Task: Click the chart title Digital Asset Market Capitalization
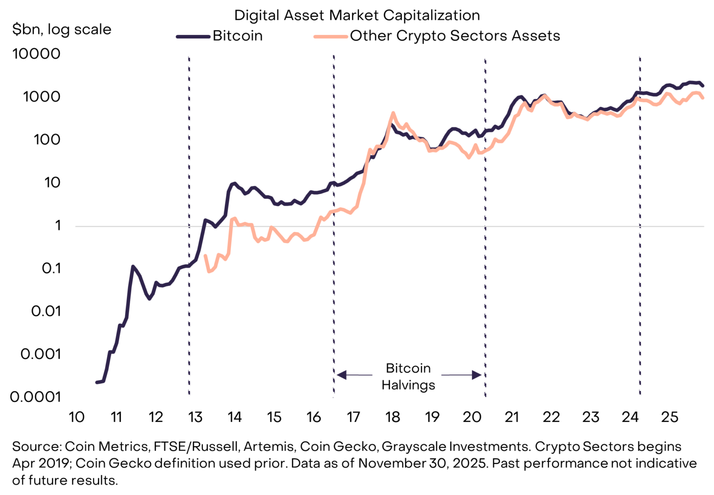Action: coord(357,15)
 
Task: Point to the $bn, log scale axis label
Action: coord(61,29)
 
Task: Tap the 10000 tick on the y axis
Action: coord(37,53)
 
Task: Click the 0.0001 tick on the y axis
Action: coord(36,396)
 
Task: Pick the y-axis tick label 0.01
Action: coord(46,311)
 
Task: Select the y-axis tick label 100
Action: coord(47,139)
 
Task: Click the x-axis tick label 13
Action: coord(195,417)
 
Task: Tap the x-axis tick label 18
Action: coord(393,417)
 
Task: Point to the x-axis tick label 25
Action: coord(669,417)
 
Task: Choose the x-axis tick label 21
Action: coord(511,417)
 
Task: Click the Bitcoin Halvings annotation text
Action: coord(408,376)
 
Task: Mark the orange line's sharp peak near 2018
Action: coord(393,112)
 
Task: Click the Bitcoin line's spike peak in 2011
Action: coord(133,266)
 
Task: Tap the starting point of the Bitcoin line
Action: coord(97,382)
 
